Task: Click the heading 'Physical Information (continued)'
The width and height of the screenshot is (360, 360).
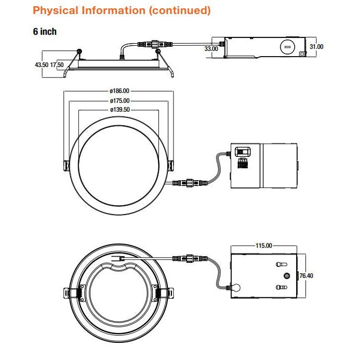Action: (x=122, y=10)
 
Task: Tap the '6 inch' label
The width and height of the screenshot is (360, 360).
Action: (x=45, y=32)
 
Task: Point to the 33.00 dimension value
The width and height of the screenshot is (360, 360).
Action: (x=211, y=48)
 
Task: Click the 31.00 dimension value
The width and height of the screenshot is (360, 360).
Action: (x=316, y=47)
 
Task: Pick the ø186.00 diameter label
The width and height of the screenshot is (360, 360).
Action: (x=119, y=91)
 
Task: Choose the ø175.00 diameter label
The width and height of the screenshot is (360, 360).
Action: (x=119, y=100)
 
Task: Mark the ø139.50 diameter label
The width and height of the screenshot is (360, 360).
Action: (x=119, y=110)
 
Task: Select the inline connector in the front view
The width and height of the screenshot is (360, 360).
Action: (x=190, y=182)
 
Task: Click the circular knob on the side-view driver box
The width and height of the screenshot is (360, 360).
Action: (x=285, y=46)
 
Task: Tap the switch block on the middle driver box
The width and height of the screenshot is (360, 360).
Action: (x=242, y=152)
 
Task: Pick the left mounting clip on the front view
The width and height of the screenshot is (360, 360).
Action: (x=66, y=165)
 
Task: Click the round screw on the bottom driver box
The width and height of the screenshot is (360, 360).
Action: (x=285, y=276)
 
